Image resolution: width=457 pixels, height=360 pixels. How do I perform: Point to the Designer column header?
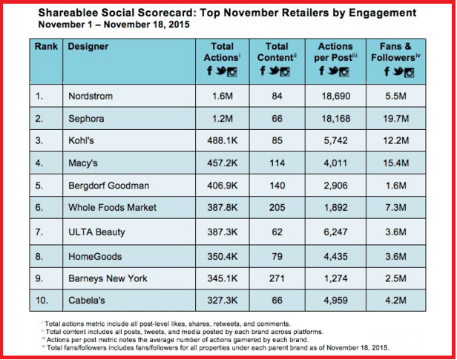pos(88,46)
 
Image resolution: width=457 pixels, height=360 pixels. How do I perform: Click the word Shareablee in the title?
pos(62,13)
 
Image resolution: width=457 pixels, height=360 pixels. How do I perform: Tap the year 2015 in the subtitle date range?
pos(177,24)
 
